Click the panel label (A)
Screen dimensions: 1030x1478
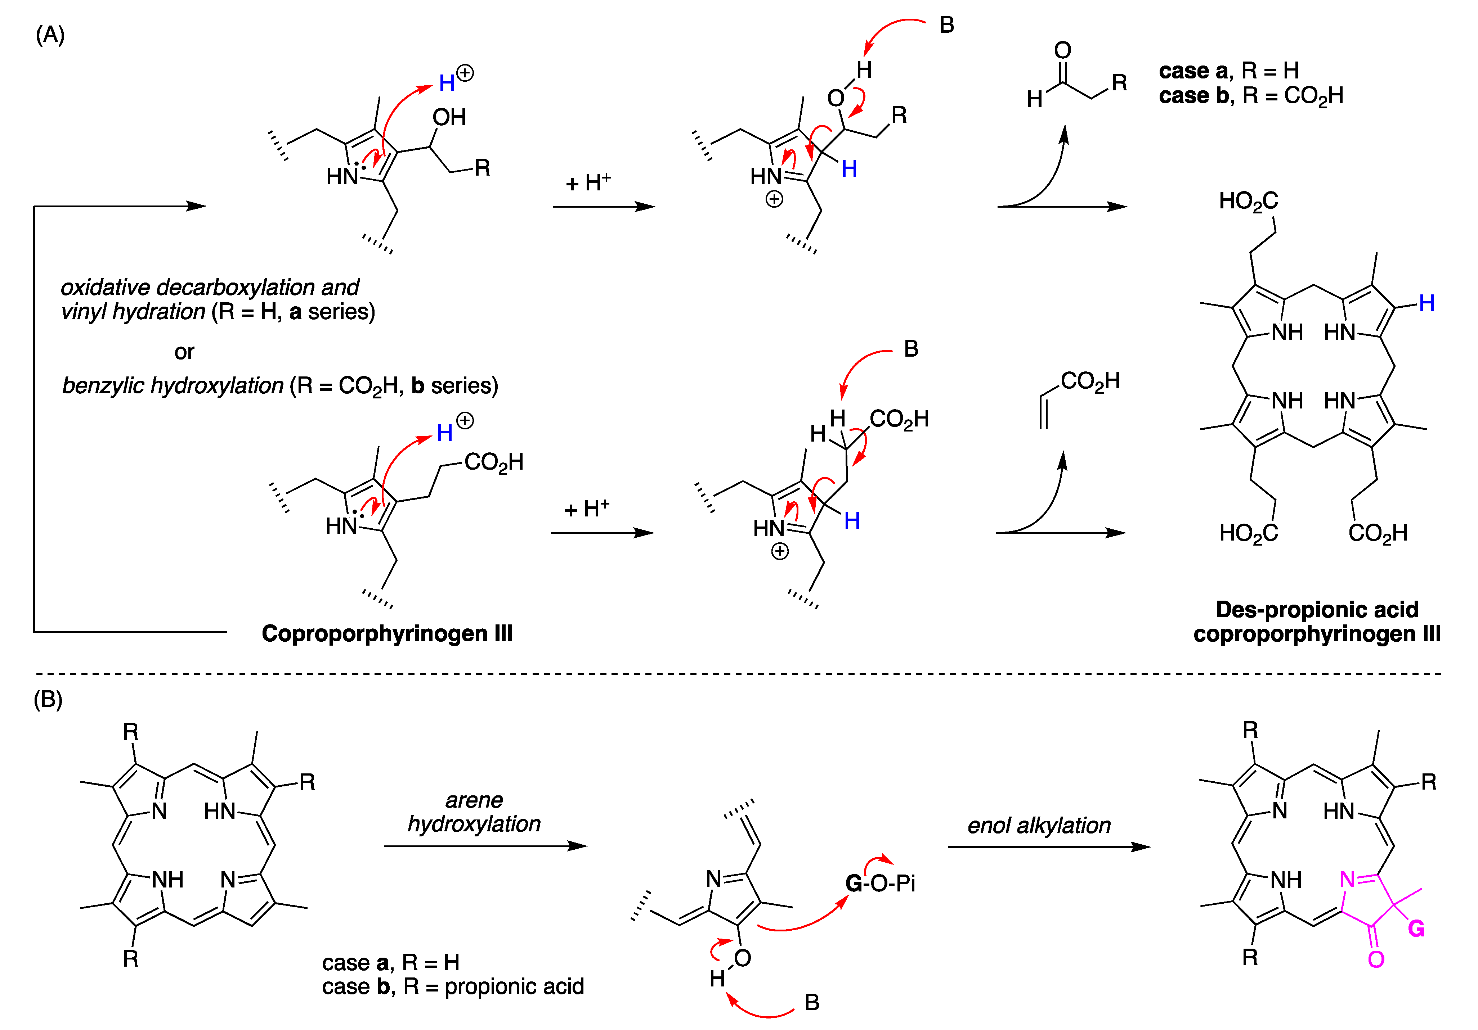click(x=50, y=35)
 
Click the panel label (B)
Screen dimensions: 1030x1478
click(x=48, y=699)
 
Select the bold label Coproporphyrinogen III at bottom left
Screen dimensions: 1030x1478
click(x=387, y=634)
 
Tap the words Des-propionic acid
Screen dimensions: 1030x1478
click(x=1316, y=609)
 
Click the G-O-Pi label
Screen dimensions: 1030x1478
click(x=880, y=883)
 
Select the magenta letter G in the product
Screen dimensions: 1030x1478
click(x=1416, y=929)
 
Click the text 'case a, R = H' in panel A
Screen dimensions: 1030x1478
click(x=1228, y=70)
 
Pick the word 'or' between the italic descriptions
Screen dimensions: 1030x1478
click(x=184, y=352)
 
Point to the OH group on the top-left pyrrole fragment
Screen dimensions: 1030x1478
click(x=449, y=117)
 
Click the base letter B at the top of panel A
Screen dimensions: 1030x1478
click(x=946, y=25)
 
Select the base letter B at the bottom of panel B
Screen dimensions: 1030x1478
click(x=812, y=1002)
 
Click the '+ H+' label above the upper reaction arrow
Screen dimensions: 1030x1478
click(x=588, y=183)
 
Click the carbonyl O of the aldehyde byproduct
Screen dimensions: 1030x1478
click(x=1062, y=50)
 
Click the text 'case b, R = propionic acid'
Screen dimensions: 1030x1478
click(x=453, y=986)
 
